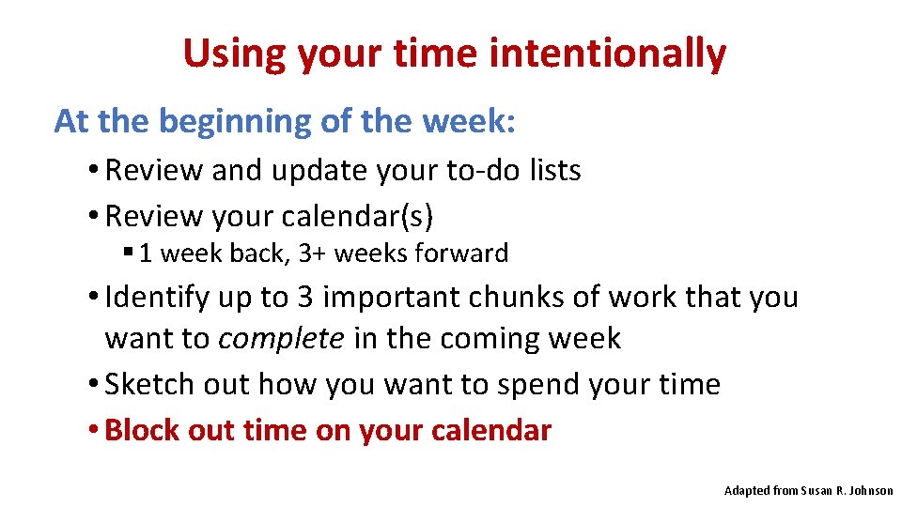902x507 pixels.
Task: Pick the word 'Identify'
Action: pos(158,298)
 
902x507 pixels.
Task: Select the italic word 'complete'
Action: pos(281,339)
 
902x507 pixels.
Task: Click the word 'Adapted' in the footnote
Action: pos(748,491)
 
